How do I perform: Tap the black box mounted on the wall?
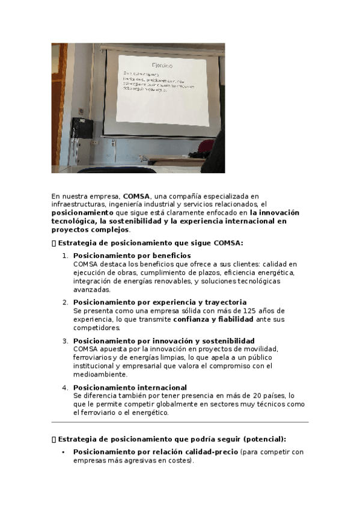click(x=79, y=127)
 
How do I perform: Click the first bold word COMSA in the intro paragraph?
click(x=136, y=196)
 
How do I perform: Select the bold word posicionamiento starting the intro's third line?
click(x=82, y=213)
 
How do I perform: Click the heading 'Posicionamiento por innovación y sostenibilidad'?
click(x=163, y=340)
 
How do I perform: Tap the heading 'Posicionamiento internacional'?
click(x=130, y=387)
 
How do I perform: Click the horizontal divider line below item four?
click(x=180, y=422)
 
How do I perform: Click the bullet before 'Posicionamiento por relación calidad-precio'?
click(x=63, y=452)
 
